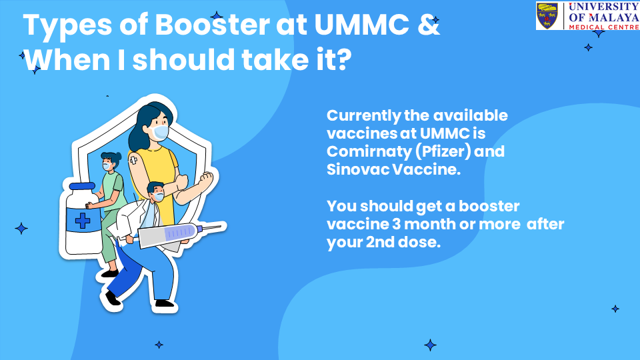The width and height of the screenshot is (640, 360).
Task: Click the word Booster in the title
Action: [x=212, y=25]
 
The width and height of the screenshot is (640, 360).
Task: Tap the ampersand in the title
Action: [x=429, y=25]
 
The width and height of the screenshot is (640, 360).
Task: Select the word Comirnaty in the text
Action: [x=369, y=152]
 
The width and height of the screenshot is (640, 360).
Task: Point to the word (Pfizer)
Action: [x=443, y=152]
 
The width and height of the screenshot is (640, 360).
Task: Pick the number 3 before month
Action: [x=396, y=224]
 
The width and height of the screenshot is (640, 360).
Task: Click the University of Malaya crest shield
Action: [x=547, y=15]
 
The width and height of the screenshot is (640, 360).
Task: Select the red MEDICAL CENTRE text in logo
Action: [x=604, y=27]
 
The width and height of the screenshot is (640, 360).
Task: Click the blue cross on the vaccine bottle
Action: [x=83, y=221]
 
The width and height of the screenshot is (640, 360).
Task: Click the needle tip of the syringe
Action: [x=221, y=226]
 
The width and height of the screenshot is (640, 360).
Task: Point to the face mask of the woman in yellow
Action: [x=159, y=132]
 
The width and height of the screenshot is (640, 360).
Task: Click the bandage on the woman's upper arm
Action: [x=133, y=160]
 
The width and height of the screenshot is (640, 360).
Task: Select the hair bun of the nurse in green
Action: [x=118, y=156]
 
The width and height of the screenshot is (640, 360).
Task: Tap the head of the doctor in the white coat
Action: [x=155, y=192]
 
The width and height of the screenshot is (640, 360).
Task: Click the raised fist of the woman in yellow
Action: [x=206, y=179]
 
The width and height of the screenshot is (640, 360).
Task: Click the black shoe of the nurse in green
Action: [x=109, y=273]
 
